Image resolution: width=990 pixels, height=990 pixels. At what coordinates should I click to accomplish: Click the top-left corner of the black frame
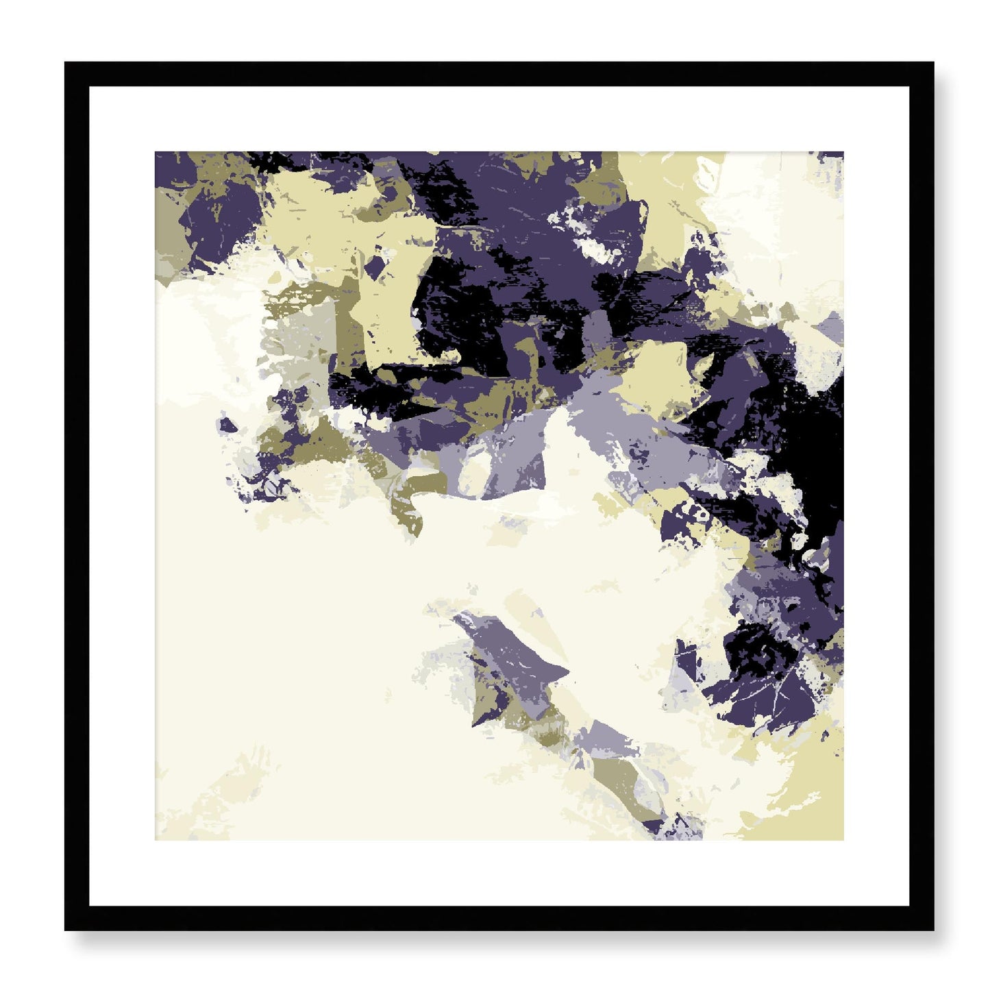(x=67, y=64)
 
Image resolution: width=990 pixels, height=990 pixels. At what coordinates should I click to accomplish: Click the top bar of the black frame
(x=499, y=73)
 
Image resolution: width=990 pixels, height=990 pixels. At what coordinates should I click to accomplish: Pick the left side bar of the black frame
(x=76, y=496)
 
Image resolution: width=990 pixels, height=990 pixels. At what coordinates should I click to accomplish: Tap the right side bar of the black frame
(x=922, y=496)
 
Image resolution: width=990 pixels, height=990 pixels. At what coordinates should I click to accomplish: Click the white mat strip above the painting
(x=499, y=119)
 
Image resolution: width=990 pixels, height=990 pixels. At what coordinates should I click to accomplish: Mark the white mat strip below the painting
(x=499, y=873)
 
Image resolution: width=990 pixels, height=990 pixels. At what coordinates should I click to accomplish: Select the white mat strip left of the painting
(x=122, y=496)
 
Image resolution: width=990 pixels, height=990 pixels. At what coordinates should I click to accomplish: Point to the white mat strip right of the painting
(x=876, y=496)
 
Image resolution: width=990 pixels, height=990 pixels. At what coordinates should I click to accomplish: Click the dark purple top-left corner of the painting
(x=159, y=156)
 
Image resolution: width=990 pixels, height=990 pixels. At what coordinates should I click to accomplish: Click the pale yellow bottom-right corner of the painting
(x=839, y=836)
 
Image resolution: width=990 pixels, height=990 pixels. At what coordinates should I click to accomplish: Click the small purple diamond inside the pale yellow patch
(x=374, y=264)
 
